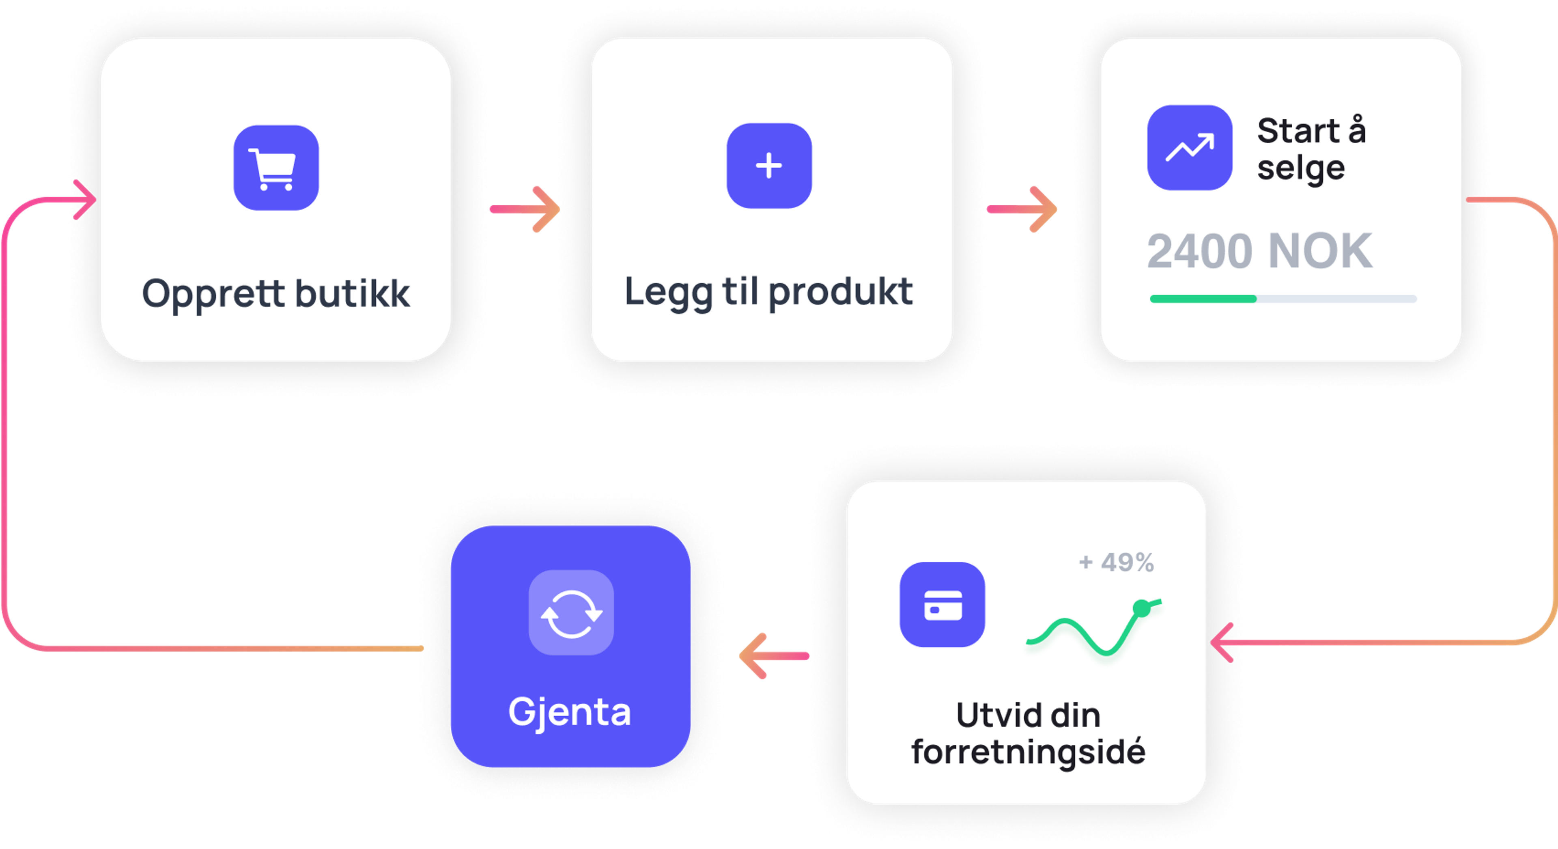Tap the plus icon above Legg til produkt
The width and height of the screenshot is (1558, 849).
pos(769,166)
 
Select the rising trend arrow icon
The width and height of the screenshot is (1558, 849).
pos(1190,148)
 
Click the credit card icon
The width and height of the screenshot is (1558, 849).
pos(942,605)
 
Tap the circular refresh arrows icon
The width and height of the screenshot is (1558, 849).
pos(571,612)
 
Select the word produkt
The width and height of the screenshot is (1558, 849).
pos(841,292)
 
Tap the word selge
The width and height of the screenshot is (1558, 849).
pos(1301,168)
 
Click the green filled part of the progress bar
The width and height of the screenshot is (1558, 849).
pos(1203,298)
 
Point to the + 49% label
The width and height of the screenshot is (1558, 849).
pos(1117,562)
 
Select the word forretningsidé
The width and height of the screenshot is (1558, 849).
pos(1028,752)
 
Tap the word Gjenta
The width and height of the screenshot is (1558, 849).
pos(570,712)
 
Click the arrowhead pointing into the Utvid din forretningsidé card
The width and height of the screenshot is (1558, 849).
pos(1222,642)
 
